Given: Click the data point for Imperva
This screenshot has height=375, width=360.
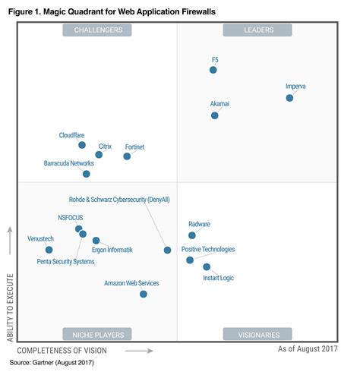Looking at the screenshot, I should (x=289, y=98).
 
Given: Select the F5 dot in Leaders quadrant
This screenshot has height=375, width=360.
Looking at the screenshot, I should (x=213, y=70).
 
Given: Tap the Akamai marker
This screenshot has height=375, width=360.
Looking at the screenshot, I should (x=215, y=115).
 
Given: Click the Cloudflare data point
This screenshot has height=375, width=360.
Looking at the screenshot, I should (x=82, y=145).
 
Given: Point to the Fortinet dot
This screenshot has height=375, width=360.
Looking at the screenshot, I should (x=127, y=156).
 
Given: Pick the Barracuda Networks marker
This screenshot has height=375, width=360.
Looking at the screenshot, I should (x=86, y=174).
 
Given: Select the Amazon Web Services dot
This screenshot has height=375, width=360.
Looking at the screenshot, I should (x=143, y=294).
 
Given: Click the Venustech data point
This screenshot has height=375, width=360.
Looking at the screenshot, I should (x=49, y=249).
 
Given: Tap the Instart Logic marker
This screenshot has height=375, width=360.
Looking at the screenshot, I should (x=207, y=267).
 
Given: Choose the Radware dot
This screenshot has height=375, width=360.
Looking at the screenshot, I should (x=191, y=235).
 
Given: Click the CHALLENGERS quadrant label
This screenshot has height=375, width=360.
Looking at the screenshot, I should (x=97, y=30).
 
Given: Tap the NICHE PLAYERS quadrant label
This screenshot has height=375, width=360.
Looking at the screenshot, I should (x=97, y=334).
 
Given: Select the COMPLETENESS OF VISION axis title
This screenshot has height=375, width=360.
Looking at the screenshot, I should (x=62, y=351).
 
